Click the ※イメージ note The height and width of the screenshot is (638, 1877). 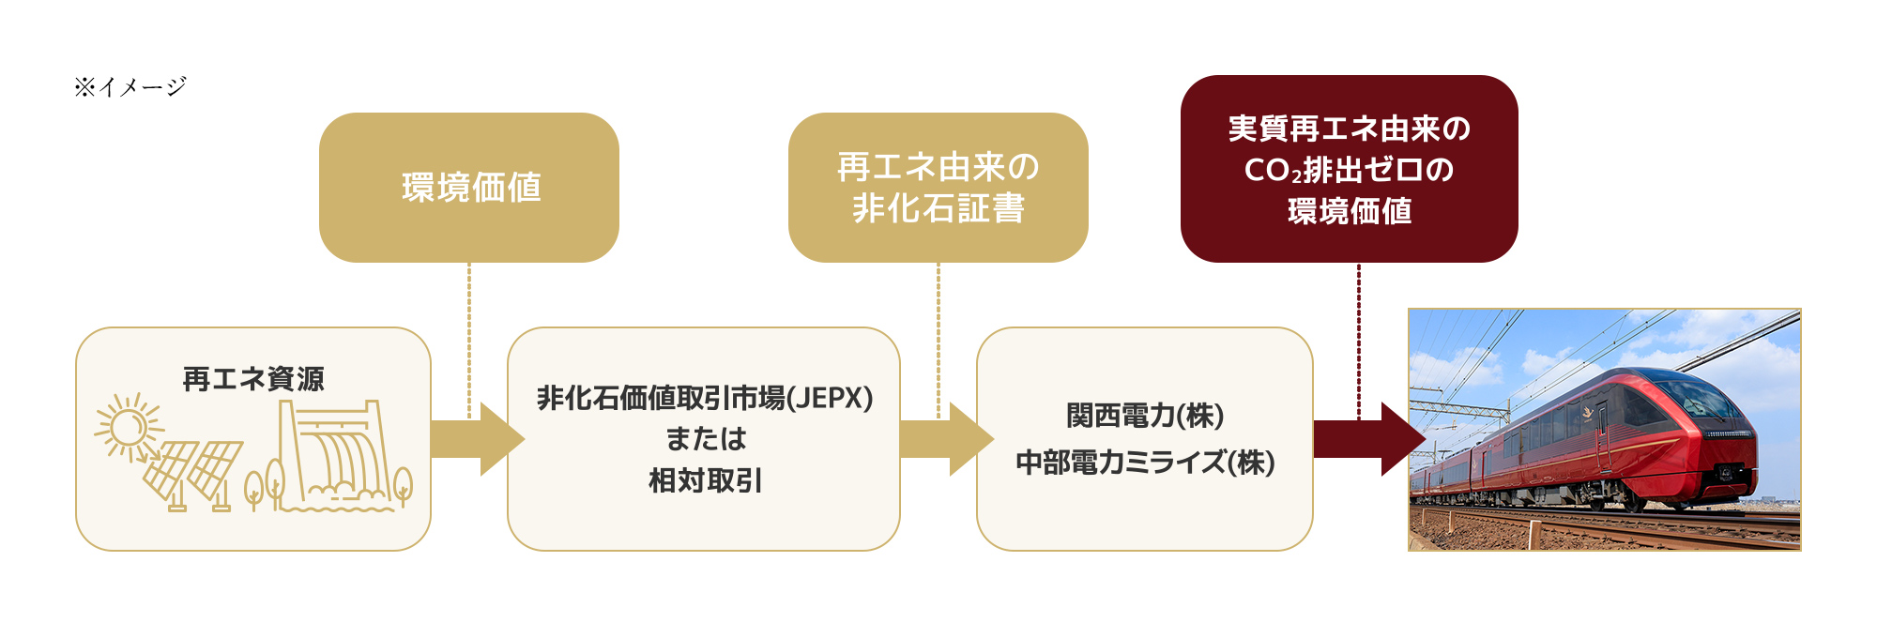tap(130, 87)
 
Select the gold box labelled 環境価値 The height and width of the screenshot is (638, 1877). tap(469, 188)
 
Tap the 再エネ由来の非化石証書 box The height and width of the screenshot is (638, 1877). tap(938, 188)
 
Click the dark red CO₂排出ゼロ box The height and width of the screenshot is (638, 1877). tap(1349, 169)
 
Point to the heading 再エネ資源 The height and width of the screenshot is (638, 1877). tap(253, 379)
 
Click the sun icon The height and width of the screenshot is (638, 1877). tap(127, 428)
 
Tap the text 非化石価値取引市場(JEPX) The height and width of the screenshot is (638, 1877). tap(705, 398)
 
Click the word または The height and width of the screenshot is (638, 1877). tap(705, 439)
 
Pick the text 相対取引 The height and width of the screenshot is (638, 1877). tap(705, 480)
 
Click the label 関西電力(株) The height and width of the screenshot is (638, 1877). tap(1145, 416)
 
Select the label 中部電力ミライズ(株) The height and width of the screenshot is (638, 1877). tap(1145, 463)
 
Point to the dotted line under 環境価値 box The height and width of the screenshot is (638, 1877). tap(469, 338)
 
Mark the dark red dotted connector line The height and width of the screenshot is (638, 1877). tap(1358, 338)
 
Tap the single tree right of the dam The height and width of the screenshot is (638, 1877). tap(403, 484)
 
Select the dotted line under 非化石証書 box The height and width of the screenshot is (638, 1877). tap(938, 338)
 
